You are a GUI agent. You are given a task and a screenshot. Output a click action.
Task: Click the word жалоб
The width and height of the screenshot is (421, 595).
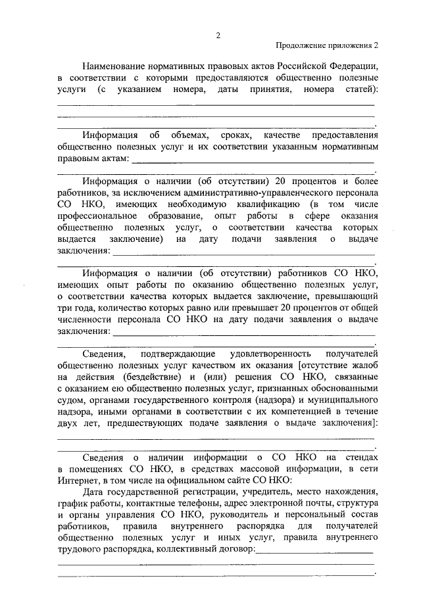359,366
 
